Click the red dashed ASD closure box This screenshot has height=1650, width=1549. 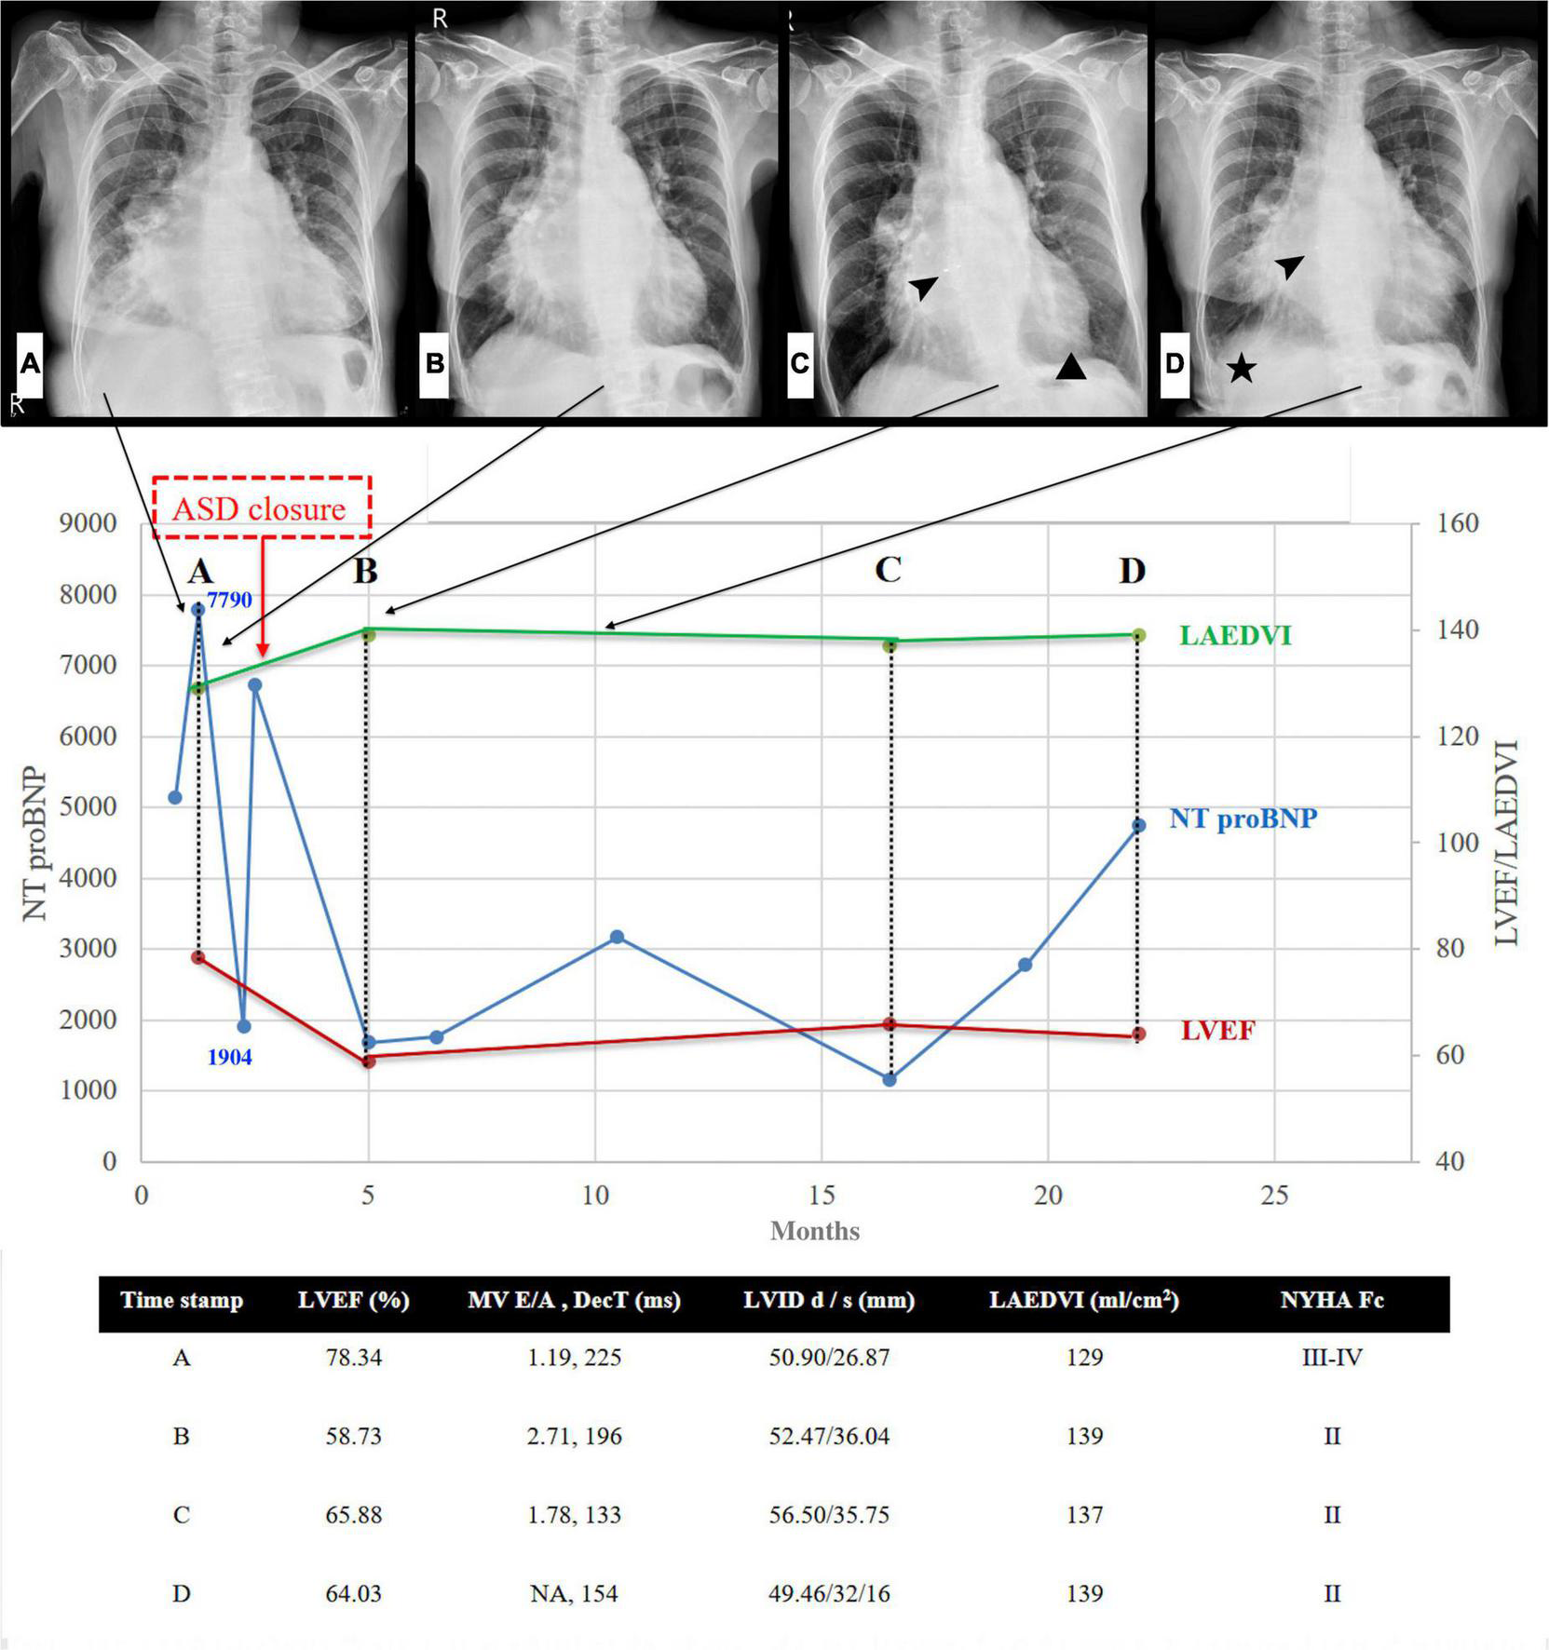262,507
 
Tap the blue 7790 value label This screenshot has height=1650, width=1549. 229,600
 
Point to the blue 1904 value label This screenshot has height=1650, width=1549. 229,1058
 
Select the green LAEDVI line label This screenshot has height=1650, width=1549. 1235,636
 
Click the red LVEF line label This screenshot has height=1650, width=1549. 1218,1031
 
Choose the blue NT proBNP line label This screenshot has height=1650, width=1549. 1243,818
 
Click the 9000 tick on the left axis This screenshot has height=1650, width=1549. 88,524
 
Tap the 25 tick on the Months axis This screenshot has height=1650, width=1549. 1274,1195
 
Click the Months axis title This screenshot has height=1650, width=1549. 815,1231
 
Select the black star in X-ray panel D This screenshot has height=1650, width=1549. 1241,370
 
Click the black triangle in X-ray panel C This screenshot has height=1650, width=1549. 1071,368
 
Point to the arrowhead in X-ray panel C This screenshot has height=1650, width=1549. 923,288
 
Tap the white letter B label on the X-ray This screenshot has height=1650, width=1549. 434,363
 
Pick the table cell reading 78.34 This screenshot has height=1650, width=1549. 353,1359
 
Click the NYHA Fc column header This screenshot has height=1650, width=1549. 1331,1301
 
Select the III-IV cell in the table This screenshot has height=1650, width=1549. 1331,1359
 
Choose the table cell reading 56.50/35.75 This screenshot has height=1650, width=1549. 828,1515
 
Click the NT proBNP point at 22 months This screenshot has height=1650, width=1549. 1138,826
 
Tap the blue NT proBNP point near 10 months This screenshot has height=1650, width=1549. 617,937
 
